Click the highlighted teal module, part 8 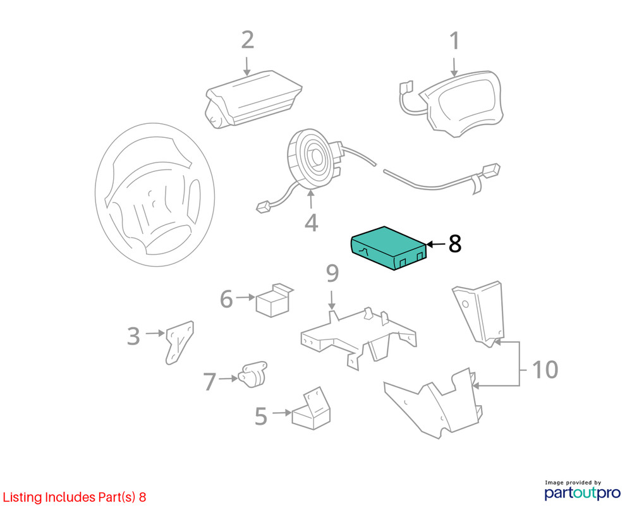click(388, 248)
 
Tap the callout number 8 click(454, 244)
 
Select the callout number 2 click(248, 40)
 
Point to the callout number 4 click(311, 222)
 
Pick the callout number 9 click(332, 274)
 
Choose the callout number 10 click(545, 370)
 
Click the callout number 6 click(226, 299)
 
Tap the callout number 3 click(133, 336)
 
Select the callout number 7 click(210, 382)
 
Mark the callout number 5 click(261, 416)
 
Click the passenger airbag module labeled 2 click(253, 99)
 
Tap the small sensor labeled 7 click(253, 374)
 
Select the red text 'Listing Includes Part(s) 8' click(75, 497)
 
